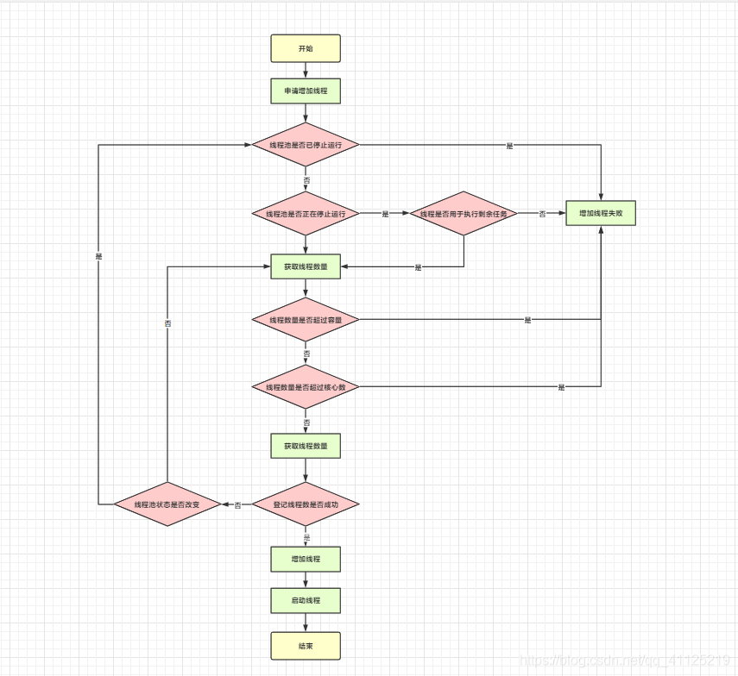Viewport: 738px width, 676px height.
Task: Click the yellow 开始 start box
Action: tap(306, 48)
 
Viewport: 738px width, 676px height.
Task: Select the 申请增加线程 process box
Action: tap(306, 91)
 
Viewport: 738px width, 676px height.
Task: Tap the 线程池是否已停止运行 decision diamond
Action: tap(305, 146)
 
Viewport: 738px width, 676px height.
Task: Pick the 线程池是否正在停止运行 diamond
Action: tap(305, 214)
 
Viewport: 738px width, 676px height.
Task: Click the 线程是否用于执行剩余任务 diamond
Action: tap(464, 214)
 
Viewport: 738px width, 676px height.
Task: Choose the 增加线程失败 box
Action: tap(601, 213)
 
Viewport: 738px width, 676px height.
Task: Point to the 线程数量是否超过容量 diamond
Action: tap(305, 320)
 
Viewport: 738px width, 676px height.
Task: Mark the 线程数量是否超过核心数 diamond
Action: tap(305, 387)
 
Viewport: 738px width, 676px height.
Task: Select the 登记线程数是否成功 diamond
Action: tap(305, 504)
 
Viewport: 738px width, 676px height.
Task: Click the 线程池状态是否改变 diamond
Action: tap(167, 504)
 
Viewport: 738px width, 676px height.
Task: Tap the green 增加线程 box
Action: tap(306, 559)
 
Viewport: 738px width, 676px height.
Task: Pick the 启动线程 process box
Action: tap(306, 600)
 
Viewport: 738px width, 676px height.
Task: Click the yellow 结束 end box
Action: tap(306, 645)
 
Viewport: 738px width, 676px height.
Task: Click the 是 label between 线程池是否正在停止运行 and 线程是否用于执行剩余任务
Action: tap(385, 214)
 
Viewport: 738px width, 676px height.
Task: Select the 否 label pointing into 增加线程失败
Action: tap(542, 214)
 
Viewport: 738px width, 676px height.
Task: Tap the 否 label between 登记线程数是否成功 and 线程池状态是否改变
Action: tap(237, 504)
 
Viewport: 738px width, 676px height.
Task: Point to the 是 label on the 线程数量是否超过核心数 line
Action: tap(561, 387)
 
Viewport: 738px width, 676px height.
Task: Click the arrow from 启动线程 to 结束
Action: tap(306, 623)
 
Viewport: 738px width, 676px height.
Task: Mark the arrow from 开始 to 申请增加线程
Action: tap(306, 70)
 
